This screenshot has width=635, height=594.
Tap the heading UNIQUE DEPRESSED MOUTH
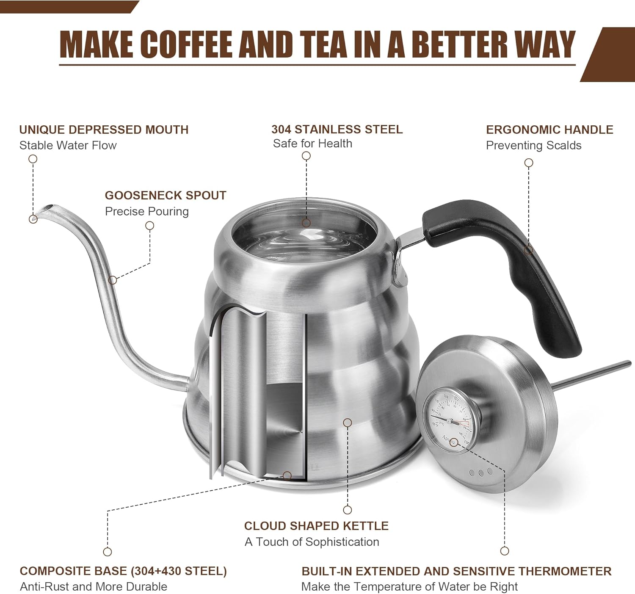tap(104, 130)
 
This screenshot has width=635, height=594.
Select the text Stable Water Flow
tap(68, 145)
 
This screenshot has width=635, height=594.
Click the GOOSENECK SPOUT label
tap(166, 195)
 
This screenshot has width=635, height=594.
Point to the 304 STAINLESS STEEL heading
tap(337, 129)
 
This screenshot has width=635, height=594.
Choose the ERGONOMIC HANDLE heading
tap(549, 130)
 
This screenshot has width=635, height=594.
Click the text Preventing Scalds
tap(533, 145)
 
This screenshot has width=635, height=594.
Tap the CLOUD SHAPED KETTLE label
tap(316, 526)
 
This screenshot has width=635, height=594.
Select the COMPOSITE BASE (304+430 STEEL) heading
tap(123, 571)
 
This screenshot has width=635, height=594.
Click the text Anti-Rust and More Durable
tap(94, 587)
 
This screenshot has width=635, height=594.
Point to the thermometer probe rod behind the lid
tap(593, 374)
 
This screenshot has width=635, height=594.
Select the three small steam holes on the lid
tap(481, 472)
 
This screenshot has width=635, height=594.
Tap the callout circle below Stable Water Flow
tap(33, 159)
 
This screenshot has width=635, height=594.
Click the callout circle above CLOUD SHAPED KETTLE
tap(348, 510)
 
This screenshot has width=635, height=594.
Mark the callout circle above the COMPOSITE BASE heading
tap(108, 552)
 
